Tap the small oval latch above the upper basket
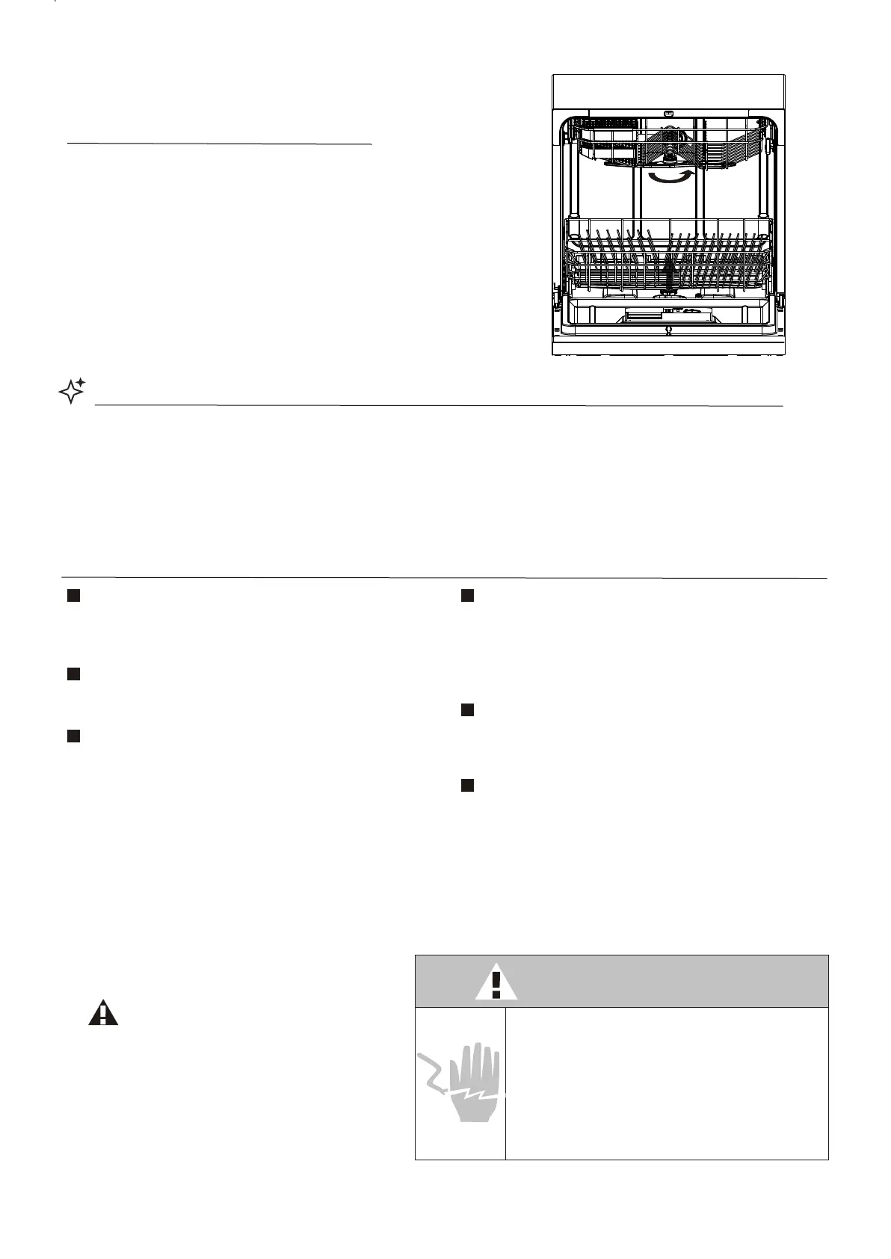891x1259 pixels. coord(668,114)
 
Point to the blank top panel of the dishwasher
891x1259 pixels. coord(668,91)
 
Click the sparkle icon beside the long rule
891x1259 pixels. coord(71,391)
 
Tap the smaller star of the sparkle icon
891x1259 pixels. coord(80,383)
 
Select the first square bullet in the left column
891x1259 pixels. coord(73,596)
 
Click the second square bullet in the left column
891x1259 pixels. coord(73,674)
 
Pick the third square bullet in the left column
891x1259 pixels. coord(73,736)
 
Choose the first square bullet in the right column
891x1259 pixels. coord(467,596)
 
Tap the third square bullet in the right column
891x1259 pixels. coord(467,785)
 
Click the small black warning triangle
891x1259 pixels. coord(103,1014)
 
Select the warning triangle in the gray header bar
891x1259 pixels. coord(496,983)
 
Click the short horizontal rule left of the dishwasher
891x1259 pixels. coord(220,143)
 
